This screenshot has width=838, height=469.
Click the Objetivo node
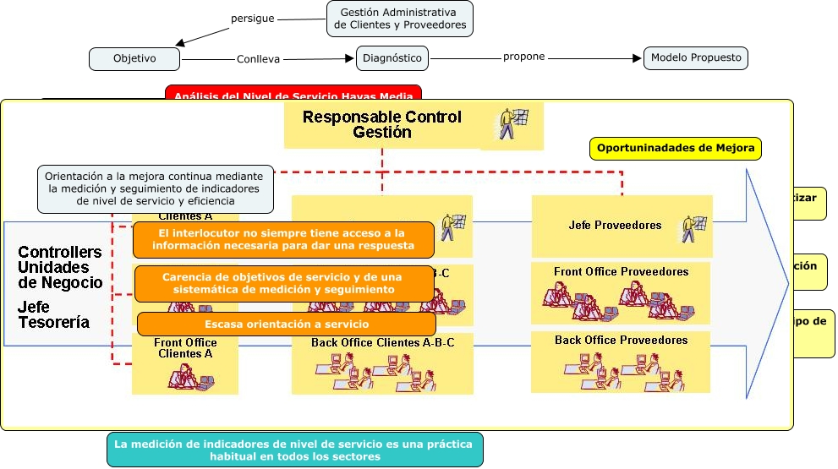pos(134,59)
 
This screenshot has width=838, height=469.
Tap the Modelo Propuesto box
pos(696,58)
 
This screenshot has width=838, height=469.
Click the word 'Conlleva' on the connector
pos(258,60)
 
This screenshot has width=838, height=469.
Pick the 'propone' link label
pos(523,57)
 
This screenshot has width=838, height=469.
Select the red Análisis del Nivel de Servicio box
pos(293,94)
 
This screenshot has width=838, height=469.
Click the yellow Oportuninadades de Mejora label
pos(675,149)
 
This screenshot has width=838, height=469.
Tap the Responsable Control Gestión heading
pos(382,125)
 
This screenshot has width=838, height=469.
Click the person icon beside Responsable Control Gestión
pos(512,124)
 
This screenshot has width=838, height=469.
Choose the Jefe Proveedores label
pos(615,226)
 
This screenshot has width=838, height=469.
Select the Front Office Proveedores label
pos(621,272)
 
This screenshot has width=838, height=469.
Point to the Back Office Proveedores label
pos(621,341)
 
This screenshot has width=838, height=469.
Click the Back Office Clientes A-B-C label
pos(382,342)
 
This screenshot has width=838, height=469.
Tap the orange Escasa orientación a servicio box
pos(287,324)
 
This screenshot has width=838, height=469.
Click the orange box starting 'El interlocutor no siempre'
pos(283,239)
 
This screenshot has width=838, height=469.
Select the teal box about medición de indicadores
pos(295,450)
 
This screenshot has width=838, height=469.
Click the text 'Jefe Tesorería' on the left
pos(53,314)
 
